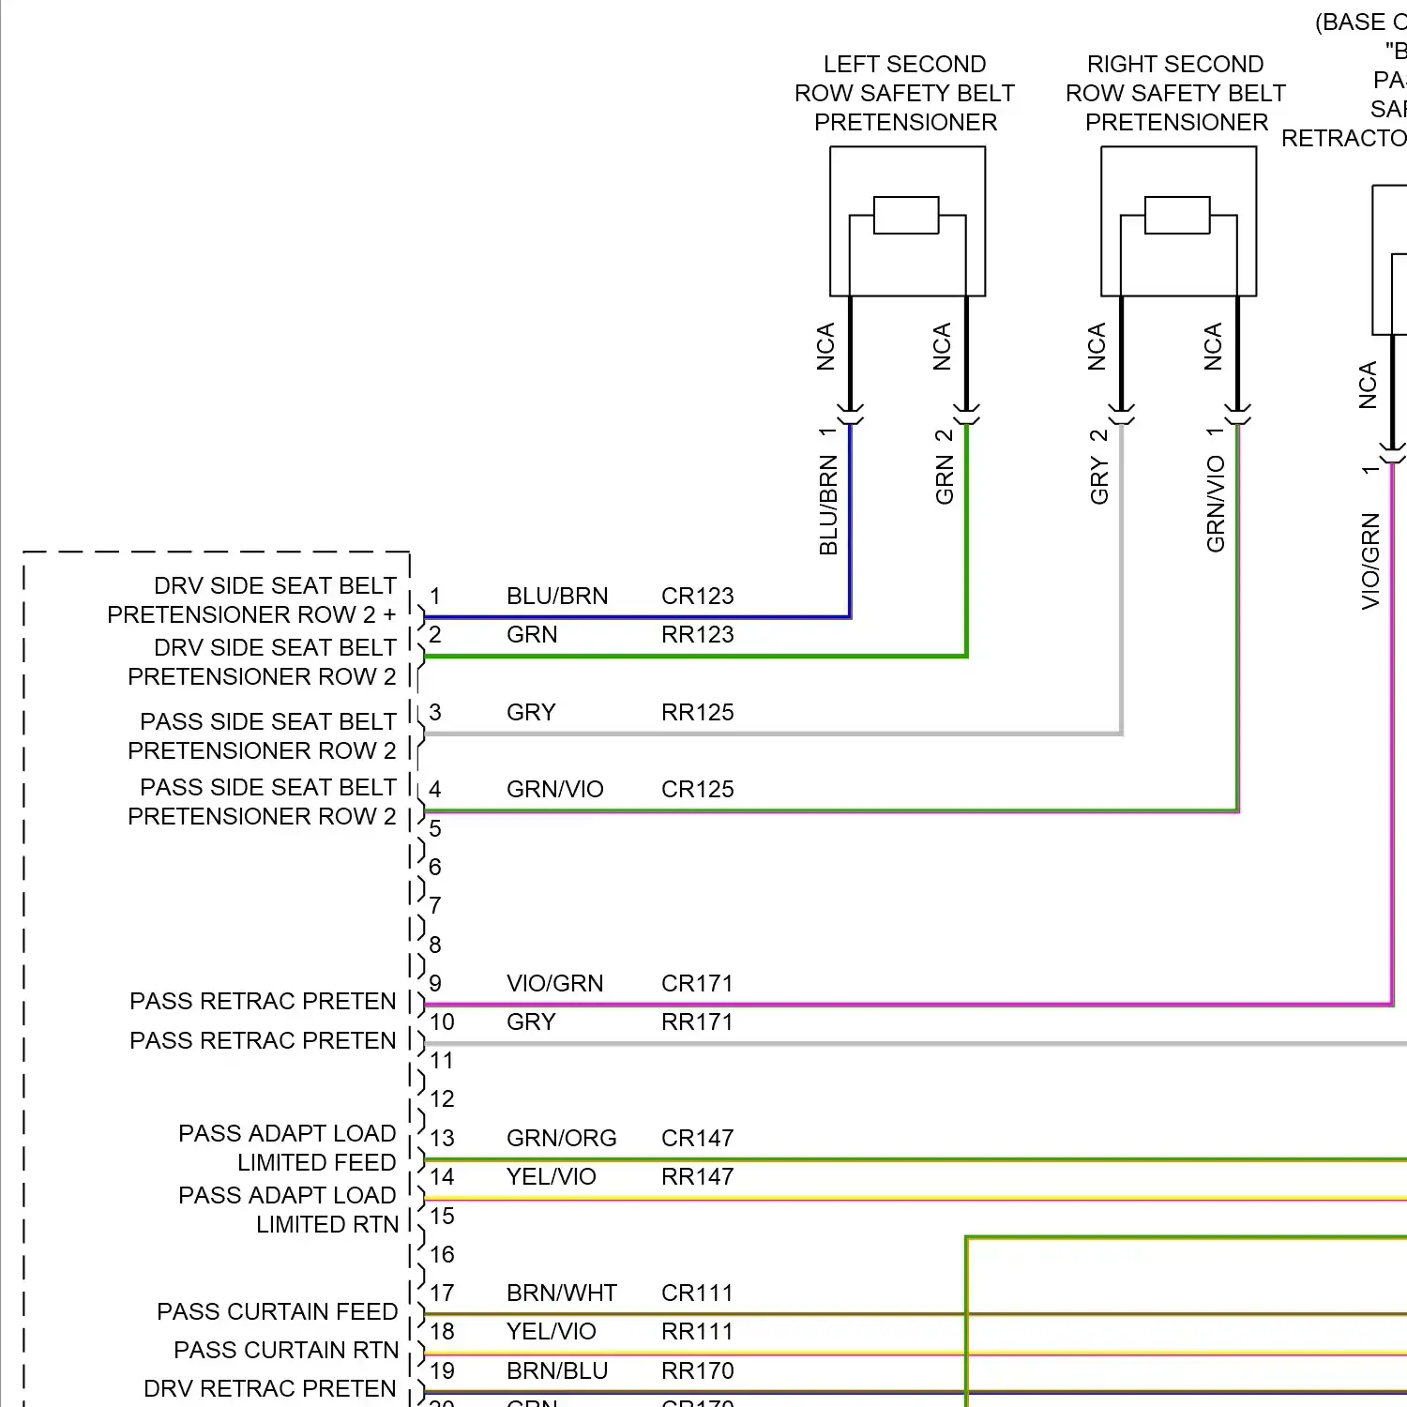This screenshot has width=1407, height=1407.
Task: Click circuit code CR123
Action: (697, 597)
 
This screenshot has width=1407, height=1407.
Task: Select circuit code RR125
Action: (697, 713)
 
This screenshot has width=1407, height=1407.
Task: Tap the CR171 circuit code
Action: (697, 984)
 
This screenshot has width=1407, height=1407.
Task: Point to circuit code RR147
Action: (697, 1177)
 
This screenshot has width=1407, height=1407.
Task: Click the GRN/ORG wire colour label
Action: (561, 1139)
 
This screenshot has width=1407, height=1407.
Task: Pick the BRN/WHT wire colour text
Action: (561, 1294)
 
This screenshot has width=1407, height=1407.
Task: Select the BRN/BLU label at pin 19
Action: (557, 1371)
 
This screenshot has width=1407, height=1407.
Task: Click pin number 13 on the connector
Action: (442, 1139)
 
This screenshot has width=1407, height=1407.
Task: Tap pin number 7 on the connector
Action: (435, 906)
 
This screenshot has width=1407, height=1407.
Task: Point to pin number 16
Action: (442, 1255)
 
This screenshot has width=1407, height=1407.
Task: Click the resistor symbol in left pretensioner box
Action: (906, 215)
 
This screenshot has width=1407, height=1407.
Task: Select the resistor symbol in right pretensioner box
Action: (1177, 215)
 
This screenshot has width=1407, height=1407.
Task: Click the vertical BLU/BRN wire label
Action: (828, 505)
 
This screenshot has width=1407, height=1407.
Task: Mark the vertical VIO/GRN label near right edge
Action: (1370, 561)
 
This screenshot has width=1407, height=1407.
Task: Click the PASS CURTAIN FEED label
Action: (277, 1312)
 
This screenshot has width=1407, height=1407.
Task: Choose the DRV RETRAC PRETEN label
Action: (269, 1389)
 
